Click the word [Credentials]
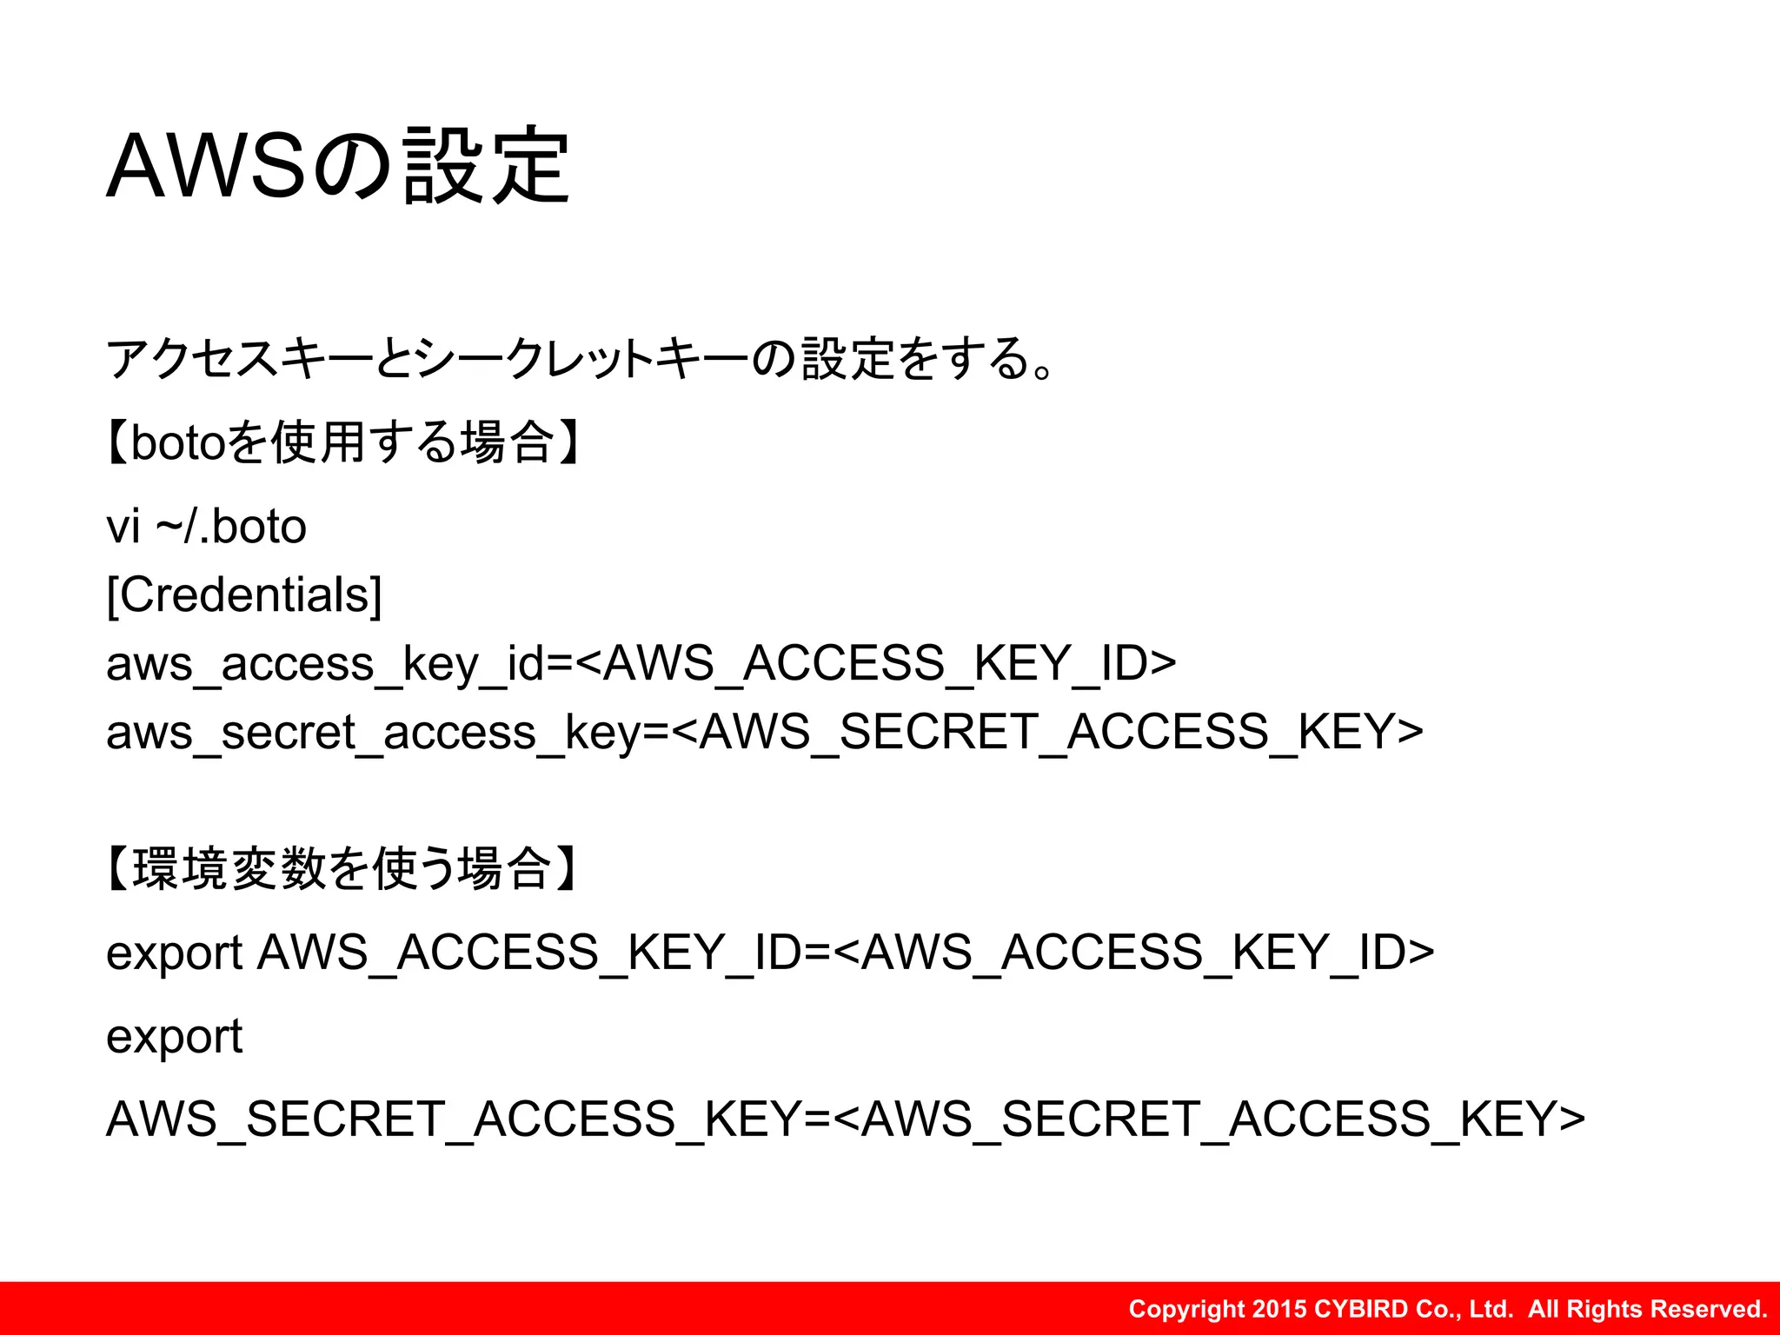tap(244, 595)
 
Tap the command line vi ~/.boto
tap(206, 527)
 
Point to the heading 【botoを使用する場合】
tap(343, 442)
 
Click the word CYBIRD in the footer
tap(1361, 1309)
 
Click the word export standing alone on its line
tap(174, 1037)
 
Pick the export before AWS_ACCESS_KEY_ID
tap(174, 953)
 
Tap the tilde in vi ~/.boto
tap(169, 527)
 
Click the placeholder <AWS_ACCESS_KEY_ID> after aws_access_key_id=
tap(876, 664)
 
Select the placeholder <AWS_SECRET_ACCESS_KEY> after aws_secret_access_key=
tap(1047, 733)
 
